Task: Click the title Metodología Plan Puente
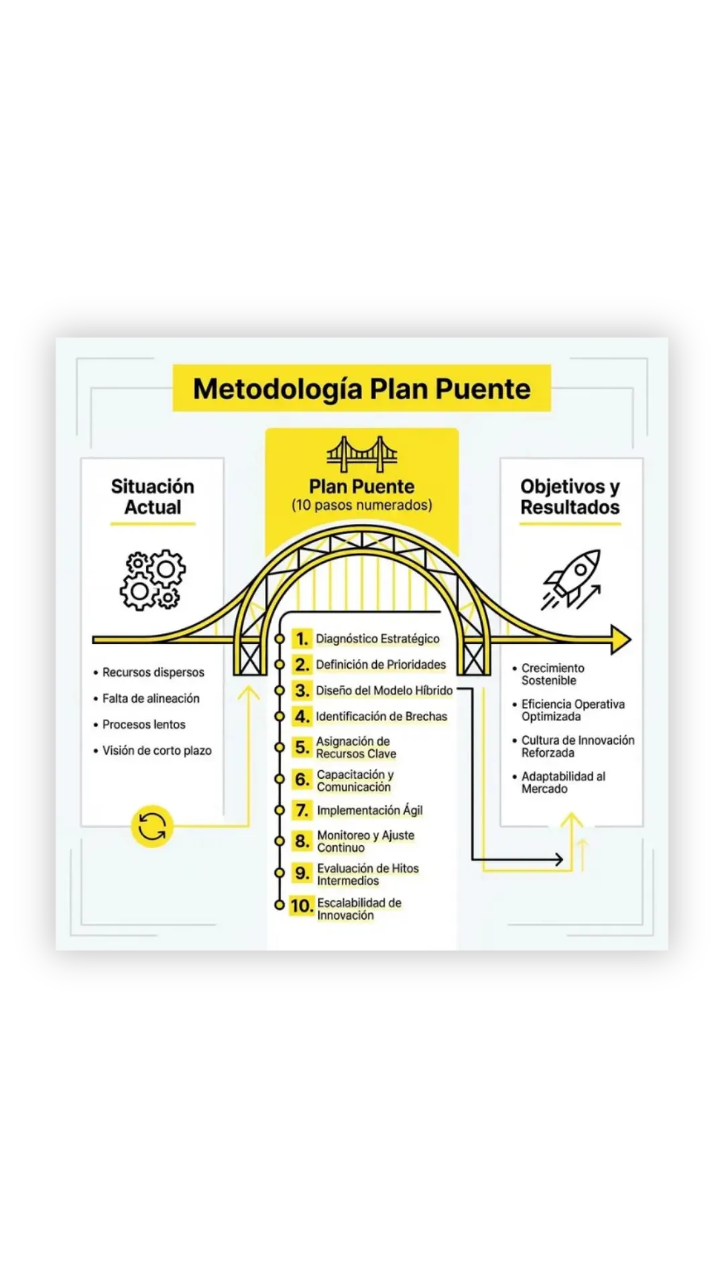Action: pos(362,389)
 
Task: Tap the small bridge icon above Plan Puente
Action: pos(362,454)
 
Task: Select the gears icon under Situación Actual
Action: pos(153,580)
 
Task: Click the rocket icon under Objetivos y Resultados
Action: pos(572,579)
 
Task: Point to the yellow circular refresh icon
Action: pos(152,826)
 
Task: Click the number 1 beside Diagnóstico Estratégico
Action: pos(302,639)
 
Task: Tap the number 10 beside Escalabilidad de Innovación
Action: pos(302,906)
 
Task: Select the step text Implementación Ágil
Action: pos(369,810)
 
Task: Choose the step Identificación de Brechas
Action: pos(381,716)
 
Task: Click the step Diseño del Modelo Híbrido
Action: pos(384,690)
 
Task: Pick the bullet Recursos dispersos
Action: pos(153,672)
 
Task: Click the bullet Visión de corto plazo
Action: pos(157,751)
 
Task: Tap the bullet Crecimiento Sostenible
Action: pos(552,674)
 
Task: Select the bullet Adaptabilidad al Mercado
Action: pos(563,782)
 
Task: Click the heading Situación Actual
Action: pos(153,496)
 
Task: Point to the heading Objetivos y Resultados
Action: pos(570,496)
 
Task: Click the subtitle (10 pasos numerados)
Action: pos(362,505)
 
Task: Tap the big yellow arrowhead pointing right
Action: pos(621,639)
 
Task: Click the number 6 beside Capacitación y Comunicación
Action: pos(302,780)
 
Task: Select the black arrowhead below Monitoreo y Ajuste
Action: pos(558,859)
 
